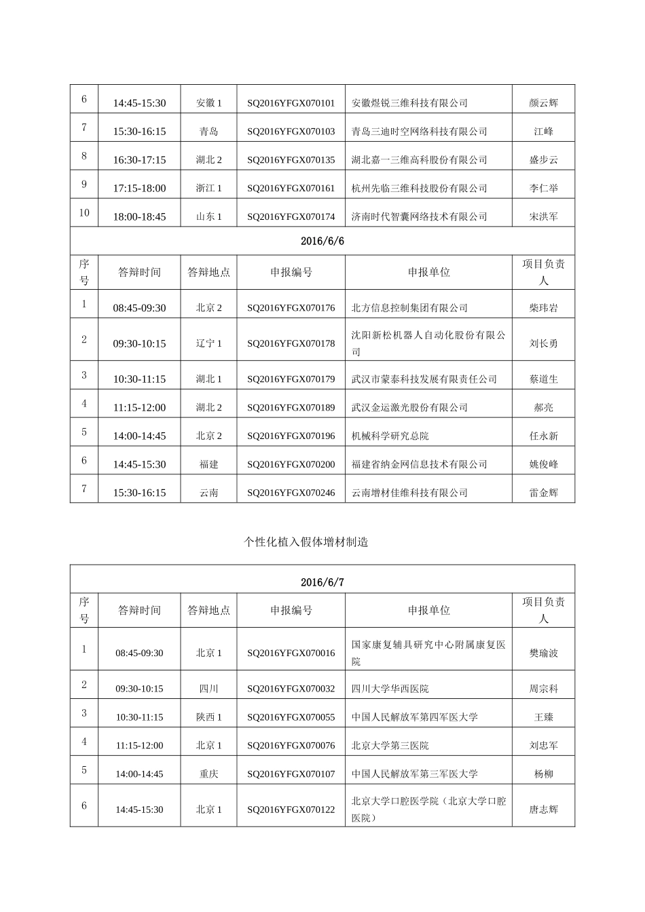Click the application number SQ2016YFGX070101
click(291, 103)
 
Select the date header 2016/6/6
click(322, 241)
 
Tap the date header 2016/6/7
click(322, 582)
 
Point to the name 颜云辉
click(543, 103)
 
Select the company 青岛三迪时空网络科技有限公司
click(419, 132)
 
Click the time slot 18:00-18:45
click(139, 217)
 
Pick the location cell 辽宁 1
click(208, 343)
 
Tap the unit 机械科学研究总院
click(390, 436)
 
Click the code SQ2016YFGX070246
click(291, 493)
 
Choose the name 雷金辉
click(543, 493)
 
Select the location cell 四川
click(208, 688)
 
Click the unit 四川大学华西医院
click(390, 688)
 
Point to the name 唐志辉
click(543, 810)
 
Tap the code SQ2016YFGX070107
click(291, 774)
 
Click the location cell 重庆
click(208, 774)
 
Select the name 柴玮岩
click(543, 308)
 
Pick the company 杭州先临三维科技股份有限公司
click(419, 189)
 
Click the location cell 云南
click(208, 493)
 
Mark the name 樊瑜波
click(543, 653)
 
